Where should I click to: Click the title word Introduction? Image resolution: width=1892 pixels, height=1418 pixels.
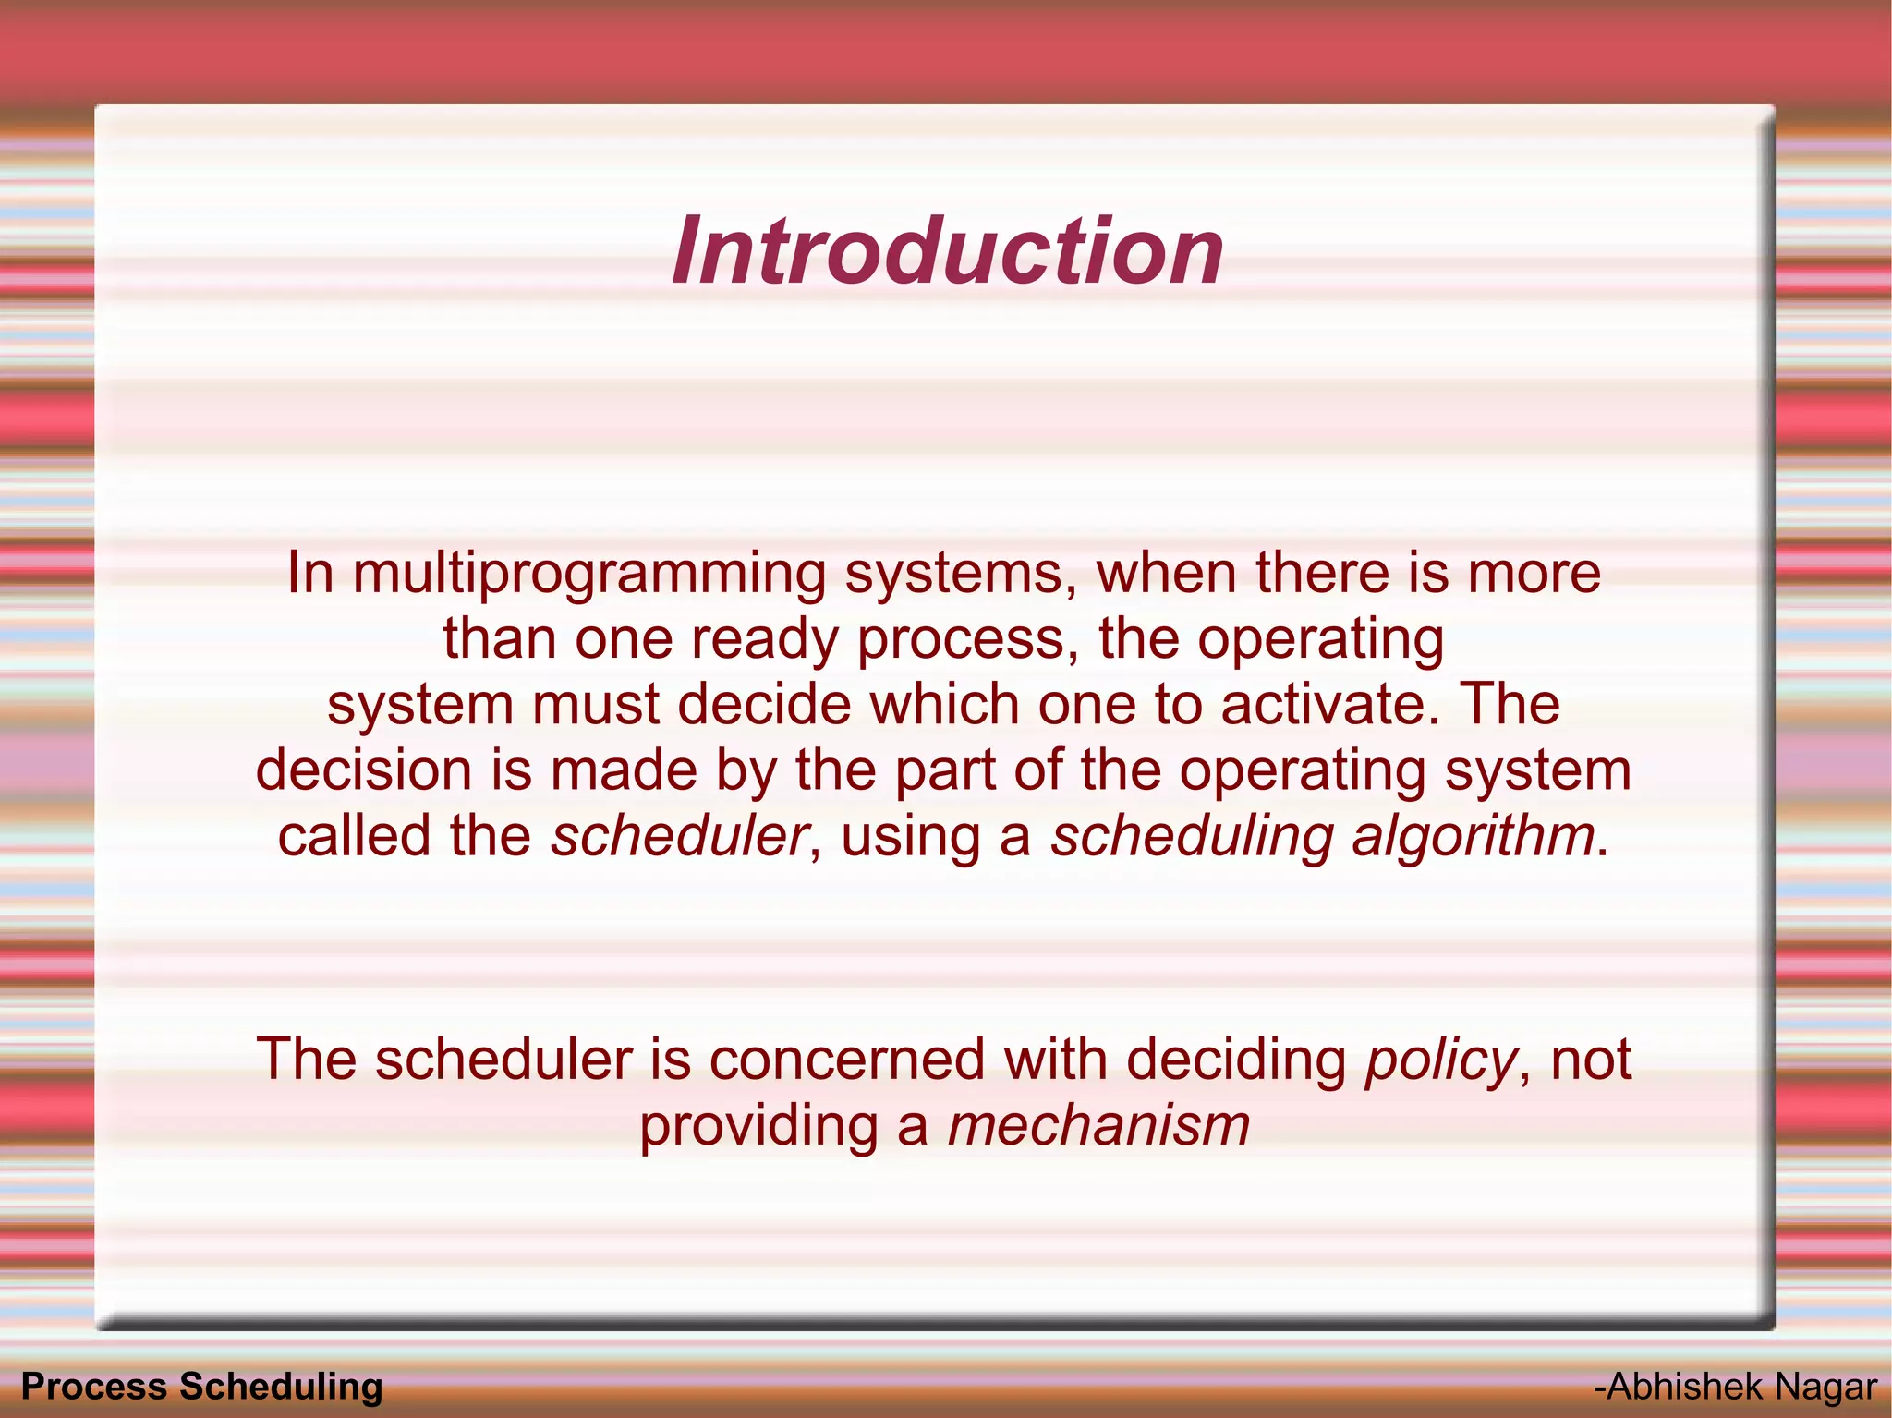pyautogui.click(x=947, y=251)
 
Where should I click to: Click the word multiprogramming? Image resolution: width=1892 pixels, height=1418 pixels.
pyautogui.click(x=589, y=575)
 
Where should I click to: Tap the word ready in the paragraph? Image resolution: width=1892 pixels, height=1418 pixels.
pyautogui.click(x=763, y=639)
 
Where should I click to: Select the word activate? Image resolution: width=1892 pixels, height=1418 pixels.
pyautogui.click(x=1329, y=705)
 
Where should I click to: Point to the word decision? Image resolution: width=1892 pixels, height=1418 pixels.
pyautogui.click(x=363, y=770)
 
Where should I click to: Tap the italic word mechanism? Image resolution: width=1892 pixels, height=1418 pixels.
pyautogui.click(x=1098, y=1126)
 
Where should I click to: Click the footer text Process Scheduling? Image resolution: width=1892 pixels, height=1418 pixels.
pyautogui.click(x=201, y=1387)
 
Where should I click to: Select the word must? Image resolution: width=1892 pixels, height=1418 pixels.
pyautogui.click(x=594, y=705)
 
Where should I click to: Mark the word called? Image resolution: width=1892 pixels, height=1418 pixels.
pyautogui.click(x=354, y=836)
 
